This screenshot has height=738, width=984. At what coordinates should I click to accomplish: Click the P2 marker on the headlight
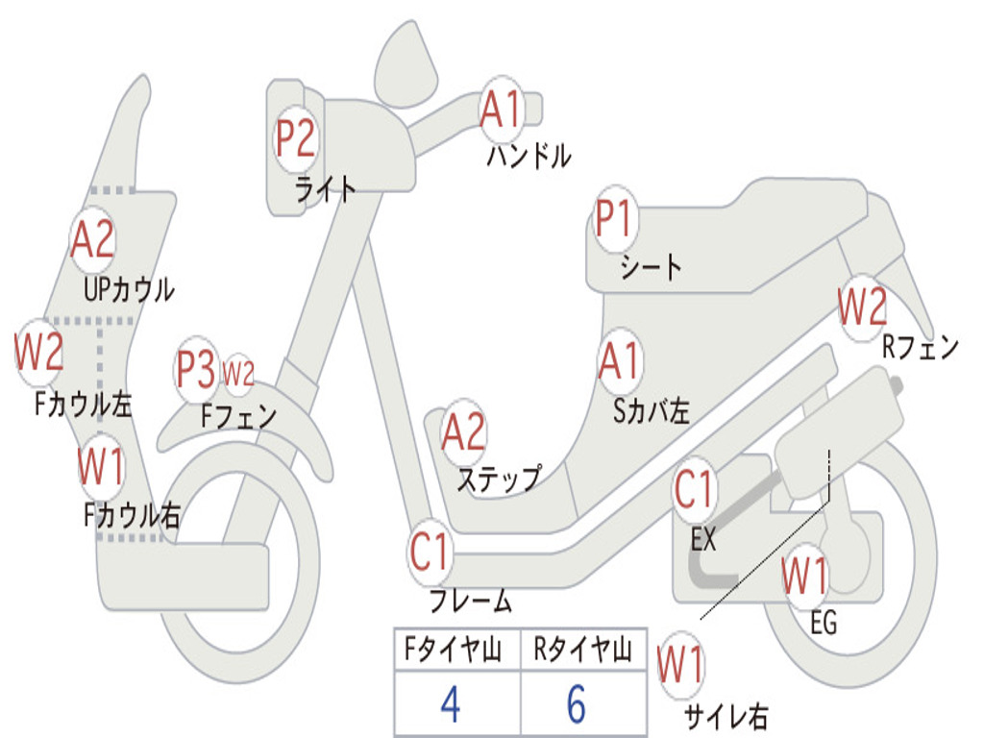point(295,139)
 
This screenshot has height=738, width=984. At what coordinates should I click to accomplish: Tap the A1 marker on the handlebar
point(500,109)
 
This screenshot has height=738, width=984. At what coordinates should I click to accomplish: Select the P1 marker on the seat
point(613,219)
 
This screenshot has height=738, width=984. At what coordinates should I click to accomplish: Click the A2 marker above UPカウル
point(93,240)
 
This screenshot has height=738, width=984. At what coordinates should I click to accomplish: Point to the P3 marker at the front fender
point(196,369)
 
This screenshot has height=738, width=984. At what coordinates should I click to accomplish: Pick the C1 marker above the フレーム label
point(430,553)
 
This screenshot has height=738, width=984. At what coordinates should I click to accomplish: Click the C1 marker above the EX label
point(694,491)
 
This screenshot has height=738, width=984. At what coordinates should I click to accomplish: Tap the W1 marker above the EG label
point(804,577)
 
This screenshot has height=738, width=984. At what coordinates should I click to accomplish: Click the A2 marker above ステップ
point(463,431)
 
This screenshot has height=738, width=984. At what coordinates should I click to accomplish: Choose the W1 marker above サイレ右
point(679,664)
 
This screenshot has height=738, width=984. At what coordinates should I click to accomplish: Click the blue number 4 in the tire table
point(450,704)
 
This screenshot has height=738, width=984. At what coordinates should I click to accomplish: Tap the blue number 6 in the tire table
point(577,704)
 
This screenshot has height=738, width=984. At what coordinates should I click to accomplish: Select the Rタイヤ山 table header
point(583,652)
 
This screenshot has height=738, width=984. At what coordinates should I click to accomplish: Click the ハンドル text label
point(529,156)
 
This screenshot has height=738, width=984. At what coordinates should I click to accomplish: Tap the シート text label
point(651,266)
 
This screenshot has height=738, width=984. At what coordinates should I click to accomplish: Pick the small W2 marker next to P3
point(237,374)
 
